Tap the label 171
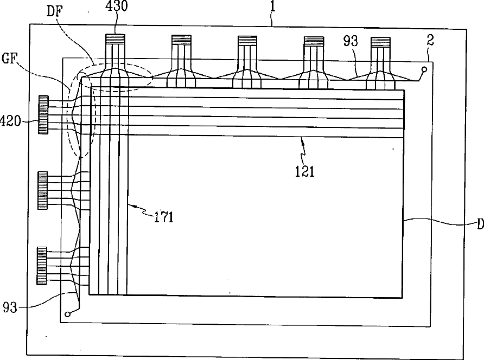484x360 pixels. pos(163,218)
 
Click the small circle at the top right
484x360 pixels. pos(424,69)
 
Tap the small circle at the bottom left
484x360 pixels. pos(67,313)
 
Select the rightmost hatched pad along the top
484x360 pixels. pos(380,41)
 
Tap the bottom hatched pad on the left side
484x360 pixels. pos(42,265)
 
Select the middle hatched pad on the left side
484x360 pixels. pos(42,190)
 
